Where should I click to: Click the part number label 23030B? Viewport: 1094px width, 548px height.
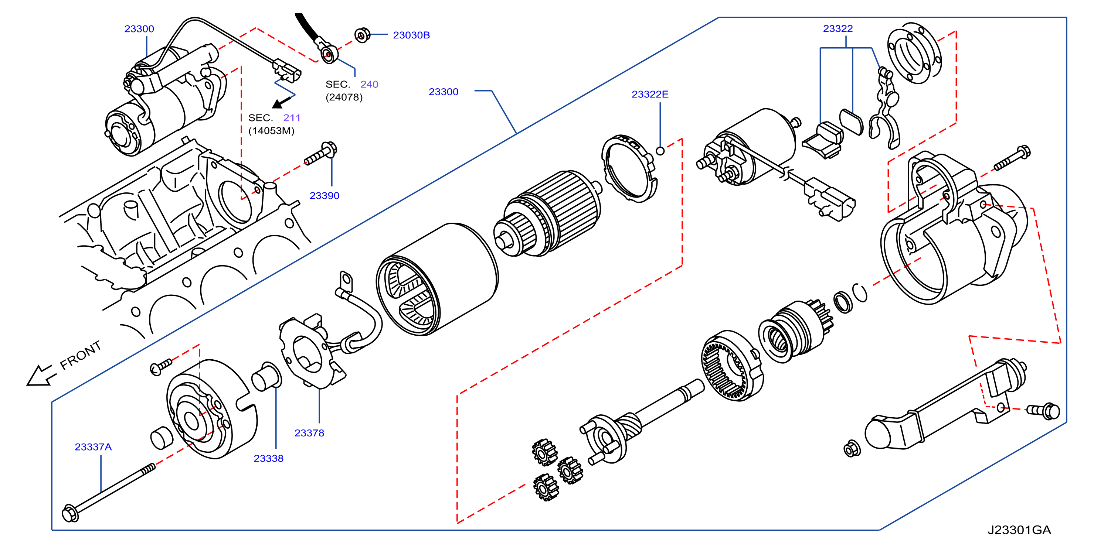coord(411,35)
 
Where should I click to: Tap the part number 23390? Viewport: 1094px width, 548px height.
coord(324,196)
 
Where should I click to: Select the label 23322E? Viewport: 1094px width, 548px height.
coord(650,94)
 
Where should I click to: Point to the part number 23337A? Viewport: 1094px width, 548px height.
coord(93,447)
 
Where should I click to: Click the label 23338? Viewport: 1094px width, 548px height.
coord(268,458)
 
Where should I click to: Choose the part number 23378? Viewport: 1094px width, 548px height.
coord(309,433)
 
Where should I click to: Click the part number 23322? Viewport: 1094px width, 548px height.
coord(838,28)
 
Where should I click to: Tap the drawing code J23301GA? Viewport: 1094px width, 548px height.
coord(1019,530)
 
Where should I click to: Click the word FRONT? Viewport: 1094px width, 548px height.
coord(81,355)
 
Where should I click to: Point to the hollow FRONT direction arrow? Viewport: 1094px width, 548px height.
coord(41,376)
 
